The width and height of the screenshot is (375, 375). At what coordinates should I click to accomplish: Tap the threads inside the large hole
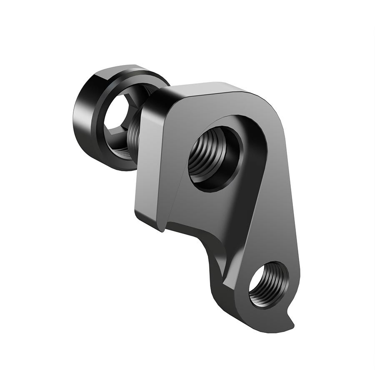click(x=204, y=158)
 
